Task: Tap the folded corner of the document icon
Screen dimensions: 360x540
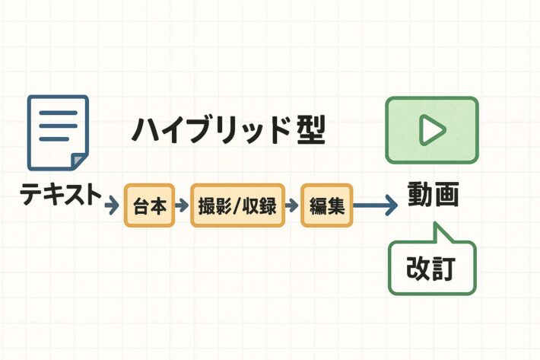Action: pyautogui.click(x=79, y=161)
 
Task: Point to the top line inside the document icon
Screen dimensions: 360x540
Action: pyautogui.click(x=58, y=113)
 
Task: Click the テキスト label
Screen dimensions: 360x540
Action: pyautogui.click(x=61, y=196)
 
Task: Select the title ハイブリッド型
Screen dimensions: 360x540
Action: pyautogui.click(x=228, y=132)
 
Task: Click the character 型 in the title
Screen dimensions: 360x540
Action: pyautogui.click(x=307, y=131)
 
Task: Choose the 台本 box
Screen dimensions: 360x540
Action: pyautogui.click(x=150, y=205)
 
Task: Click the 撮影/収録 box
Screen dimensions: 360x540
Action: pyautogui.click(x=237, y=205)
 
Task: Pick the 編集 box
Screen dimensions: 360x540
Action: pyautogui.click(x=328, y=205)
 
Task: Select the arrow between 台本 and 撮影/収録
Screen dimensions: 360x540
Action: pyautogui.click(x=183, y=205)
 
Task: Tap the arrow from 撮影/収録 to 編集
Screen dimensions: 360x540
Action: pyautogui.click(x=291, y=205)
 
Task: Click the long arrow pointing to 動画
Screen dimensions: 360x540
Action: pyautogui.click(x=376, y=205)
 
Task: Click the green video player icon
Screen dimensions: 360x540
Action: pyautogui.click(x=431, y=129)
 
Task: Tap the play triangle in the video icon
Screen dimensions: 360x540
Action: pyautogui.click(x=432, y=130)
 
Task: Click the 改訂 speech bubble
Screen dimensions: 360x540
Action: pyautogui.click(x=431, y=268)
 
